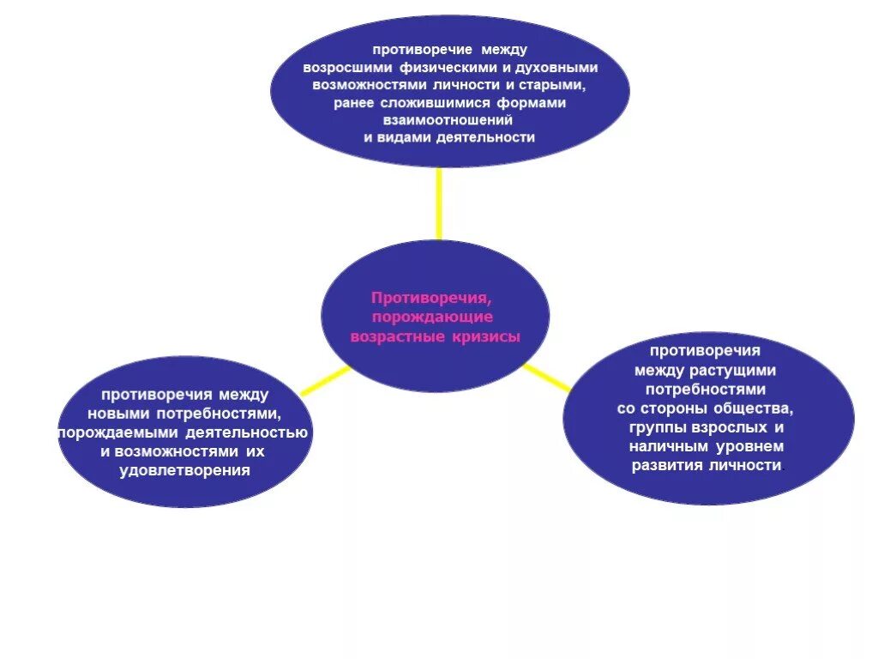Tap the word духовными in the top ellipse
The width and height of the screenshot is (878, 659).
tap(555, 67)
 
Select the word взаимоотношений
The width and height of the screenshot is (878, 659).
tap(449, 120)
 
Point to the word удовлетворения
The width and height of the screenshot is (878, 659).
tap(185, 470)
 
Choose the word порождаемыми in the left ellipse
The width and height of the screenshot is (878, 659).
tap(117, 432)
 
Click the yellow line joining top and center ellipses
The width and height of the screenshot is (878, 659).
tap(439, 203)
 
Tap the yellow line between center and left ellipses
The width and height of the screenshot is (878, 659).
tap(326, 381)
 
